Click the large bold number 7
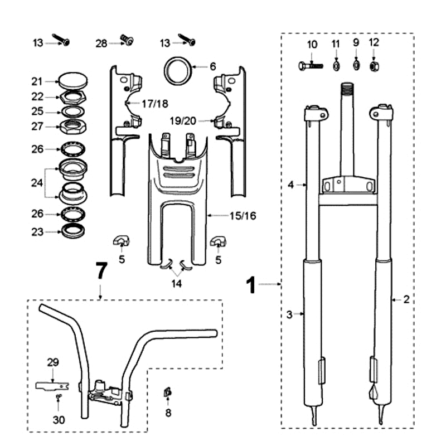[x=100, y=272]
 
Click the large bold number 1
[x=252, y=285]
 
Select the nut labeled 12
[x=374, y=66]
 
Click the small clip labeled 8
[x=167, y=393]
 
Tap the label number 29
[x=52, y=362]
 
